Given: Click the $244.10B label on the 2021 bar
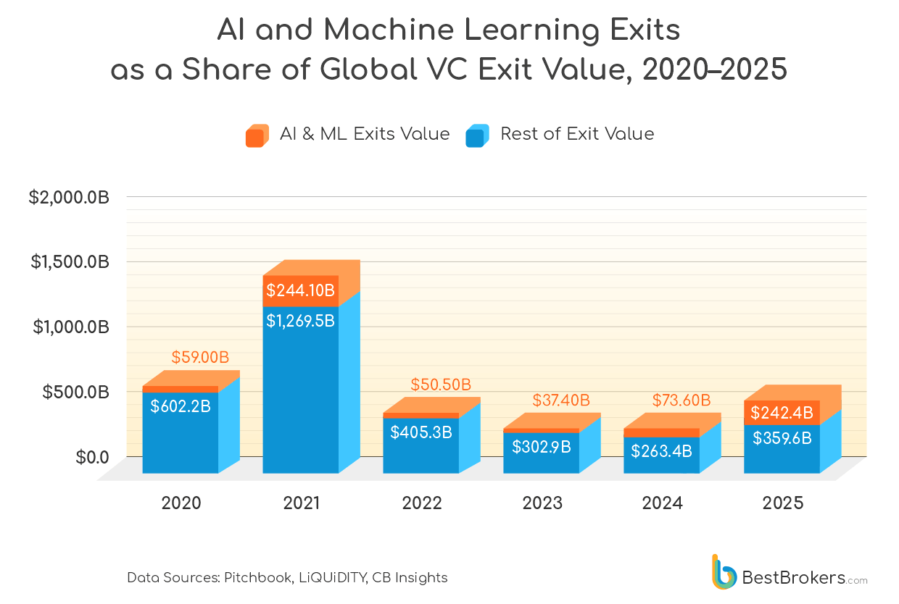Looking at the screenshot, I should [x=300, y=291].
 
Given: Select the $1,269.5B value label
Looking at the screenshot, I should [x=300, y=321].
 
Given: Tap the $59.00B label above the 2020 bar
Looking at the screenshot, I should [x=200, y=358].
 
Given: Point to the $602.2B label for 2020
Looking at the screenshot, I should [x=181, y=406].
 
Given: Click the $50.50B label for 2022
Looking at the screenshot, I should [x=441, y=384].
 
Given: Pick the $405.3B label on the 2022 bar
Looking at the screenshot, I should [x=421, y=432].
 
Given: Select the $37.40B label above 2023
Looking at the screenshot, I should [x=561, y=400].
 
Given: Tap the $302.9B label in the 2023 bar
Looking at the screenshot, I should [x=542, y=447].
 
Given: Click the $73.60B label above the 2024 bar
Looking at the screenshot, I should [x=681, y=400].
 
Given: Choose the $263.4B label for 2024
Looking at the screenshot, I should [x=661, y=451].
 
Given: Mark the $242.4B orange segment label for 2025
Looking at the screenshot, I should [x=782, y=413].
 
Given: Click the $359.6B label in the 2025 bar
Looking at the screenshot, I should [x=782, y=438].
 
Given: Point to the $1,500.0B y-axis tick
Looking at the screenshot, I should [x=70, y=262].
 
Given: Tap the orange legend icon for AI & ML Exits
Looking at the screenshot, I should [x=257, y=135].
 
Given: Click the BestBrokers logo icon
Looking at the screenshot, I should [x=724, y=572].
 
